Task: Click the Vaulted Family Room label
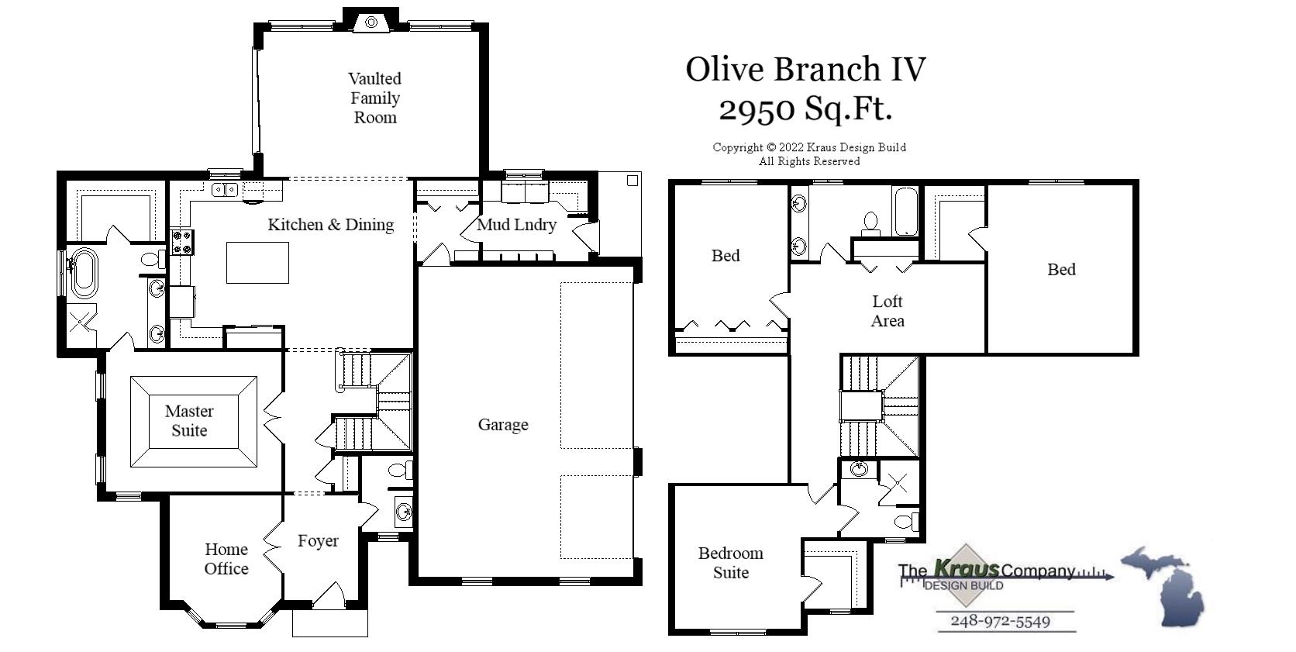point(374,98)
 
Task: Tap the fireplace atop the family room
point(371,22)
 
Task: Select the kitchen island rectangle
point(257,262)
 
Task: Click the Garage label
point(503,424)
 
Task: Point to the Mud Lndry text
point(516,225)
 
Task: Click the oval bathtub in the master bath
point(83,272)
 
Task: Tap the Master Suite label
point(189,421)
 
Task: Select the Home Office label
point(226,559)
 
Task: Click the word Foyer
point(318,541)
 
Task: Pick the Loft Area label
point(888,311)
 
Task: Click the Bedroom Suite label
point(730,563)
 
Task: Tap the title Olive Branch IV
point(805,69)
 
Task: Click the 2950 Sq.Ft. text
point(805,109)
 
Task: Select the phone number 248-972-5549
point(1000,622)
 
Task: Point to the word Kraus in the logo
point(966,569)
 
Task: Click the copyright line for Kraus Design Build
point(809,147)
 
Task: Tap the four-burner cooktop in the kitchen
point(181,242)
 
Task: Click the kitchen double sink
point(225,189)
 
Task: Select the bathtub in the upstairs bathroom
point(905,211)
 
